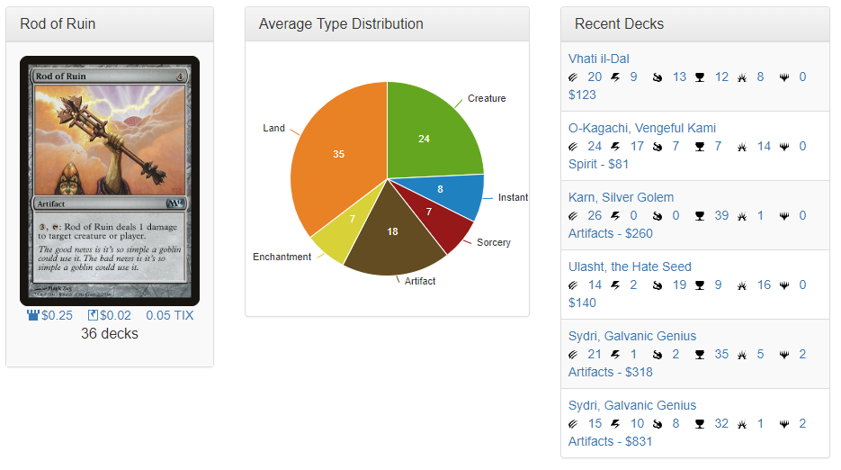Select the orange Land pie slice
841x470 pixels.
point(337,162)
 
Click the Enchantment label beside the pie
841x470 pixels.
point(282,258)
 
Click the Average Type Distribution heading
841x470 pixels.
point(341,24)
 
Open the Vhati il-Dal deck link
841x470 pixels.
point(599,59)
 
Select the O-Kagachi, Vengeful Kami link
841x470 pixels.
point(642,129)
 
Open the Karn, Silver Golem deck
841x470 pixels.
point(621,198)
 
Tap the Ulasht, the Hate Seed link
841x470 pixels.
point(630,267)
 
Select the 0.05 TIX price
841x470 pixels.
point(169,316)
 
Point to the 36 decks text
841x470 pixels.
point(110,334)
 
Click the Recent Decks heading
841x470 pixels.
point(619,24)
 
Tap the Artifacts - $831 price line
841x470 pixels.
point(610,442)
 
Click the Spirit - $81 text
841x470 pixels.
point(598,165)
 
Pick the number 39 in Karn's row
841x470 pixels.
point(721,216)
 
